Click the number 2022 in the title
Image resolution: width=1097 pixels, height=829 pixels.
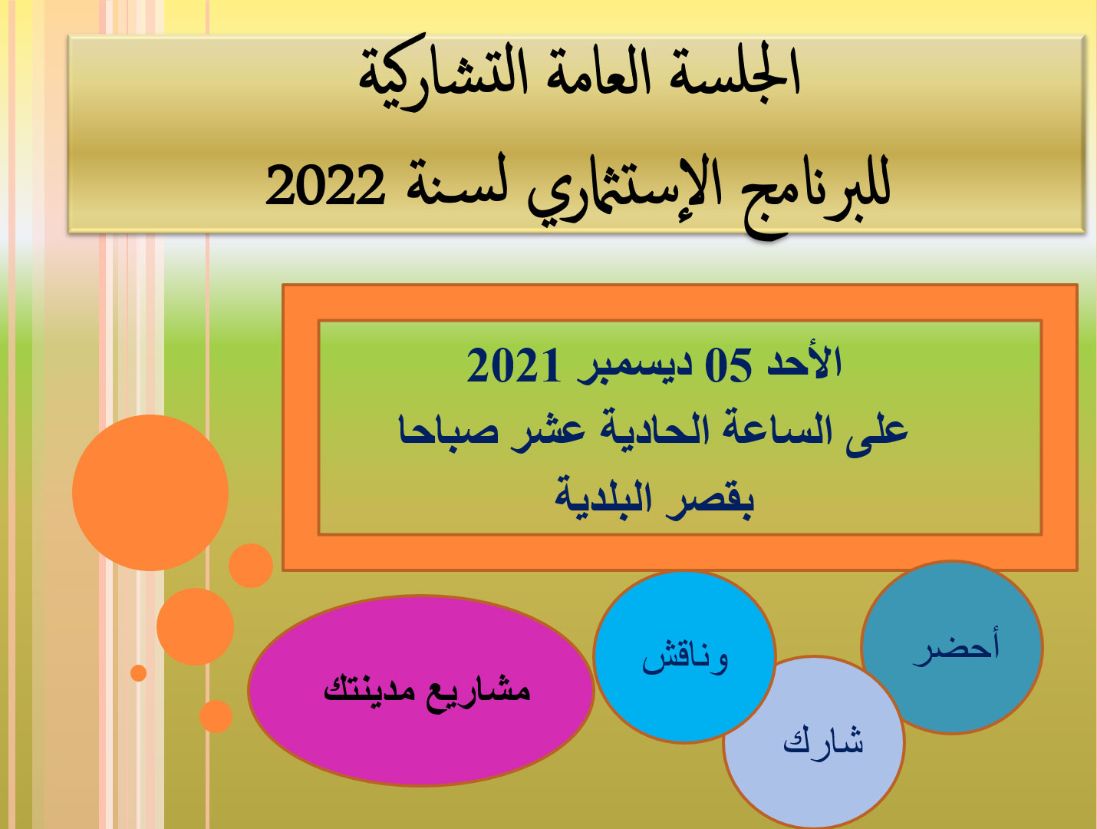[325, 185]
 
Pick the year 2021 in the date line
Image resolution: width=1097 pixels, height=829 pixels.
[513, 365]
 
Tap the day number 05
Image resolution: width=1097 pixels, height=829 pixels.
[728, 365]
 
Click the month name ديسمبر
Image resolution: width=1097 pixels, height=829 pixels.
[634, 368]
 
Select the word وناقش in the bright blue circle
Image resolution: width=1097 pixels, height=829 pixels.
[685, 657]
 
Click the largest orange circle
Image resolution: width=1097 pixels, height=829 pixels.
[150, 493]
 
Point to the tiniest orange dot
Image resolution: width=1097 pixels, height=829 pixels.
[138, 673]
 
